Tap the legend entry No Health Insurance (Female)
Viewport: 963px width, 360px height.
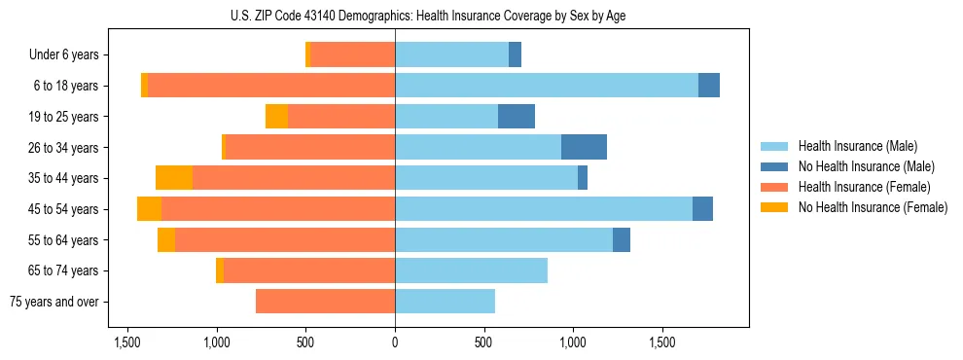pos(873,207)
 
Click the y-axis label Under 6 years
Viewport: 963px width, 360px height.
pos(64,55)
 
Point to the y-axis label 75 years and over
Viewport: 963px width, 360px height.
pos(54,302)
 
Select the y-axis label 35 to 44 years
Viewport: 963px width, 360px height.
pos(64,178)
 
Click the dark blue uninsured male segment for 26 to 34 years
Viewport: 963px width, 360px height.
pos(584,147)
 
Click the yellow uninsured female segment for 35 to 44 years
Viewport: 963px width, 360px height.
pos(174,178)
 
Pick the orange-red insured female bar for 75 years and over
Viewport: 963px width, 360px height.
pos(325,302)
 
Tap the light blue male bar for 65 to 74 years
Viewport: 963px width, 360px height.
pos(471,270)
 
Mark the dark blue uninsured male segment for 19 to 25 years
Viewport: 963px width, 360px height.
pos(517,117)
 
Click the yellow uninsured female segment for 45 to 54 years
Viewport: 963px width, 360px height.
pos(149,209)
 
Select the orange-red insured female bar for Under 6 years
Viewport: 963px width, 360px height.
pos(352,55)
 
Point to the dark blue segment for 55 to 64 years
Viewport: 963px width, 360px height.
pos(622,239)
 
